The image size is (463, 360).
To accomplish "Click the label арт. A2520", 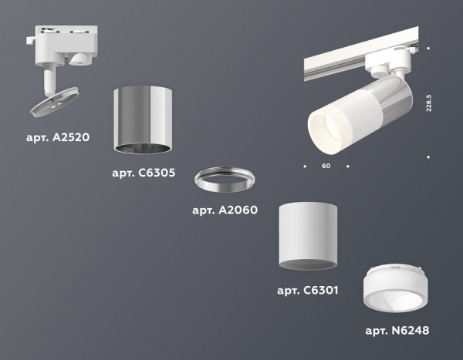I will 58,138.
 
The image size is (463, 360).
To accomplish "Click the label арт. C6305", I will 143,173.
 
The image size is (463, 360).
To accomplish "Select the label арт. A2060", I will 224,210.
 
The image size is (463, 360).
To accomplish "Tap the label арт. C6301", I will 307,291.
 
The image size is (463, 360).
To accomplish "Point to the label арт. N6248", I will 397,331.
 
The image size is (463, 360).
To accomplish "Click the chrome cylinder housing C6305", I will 143,116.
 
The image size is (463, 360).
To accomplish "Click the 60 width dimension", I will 326,166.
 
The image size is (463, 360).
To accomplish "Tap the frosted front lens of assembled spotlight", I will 325,128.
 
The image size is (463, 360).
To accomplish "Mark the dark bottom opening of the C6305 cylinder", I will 143,148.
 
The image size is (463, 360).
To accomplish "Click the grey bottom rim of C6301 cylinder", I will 307,264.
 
